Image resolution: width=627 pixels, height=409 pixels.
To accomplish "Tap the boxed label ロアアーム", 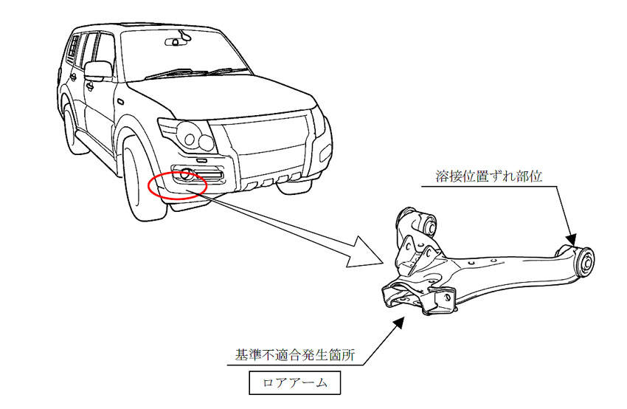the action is pos(295,383).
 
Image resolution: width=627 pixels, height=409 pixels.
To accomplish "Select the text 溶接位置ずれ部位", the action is pos(488,176).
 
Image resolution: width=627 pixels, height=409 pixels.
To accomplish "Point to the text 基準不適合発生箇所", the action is pos(295,354).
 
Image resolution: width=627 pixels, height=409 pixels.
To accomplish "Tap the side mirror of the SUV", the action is pos(97,71).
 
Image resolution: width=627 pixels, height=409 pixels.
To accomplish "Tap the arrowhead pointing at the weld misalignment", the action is pos(572,239).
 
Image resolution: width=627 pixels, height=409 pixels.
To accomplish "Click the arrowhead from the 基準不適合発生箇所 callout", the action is pos(398,323).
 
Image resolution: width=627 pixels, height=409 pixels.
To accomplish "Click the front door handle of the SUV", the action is pos(89,86).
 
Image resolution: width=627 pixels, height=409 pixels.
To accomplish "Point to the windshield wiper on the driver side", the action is pos(176,74).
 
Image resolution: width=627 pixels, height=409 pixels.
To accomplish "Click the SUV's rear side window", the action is pos(74,48).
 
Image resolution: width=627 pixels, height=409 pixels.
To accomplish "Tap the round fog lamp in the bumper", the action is pos(186,174).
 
